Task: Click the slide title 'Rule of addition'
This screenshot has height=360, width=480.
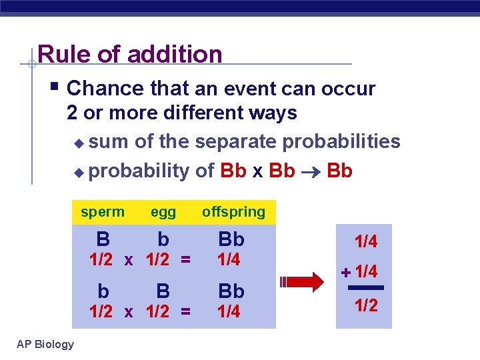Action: (x=130, y=54)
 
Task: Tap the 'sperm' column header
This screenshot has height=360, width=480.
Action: (x=103, y=212)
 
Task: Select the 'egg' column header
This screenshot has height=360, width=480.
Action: (x=163, y=212)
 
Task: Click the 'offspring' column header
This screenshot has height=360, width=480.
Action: (x=233, y=212)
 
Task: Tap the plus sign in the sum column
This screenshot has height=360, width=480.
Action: (x=345, y=272)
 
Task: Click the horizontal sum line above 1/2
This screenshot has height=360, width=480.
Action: (x=366, y=288)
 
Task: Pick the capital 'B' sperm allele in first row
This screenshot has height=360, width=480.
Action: (x=103, y=239)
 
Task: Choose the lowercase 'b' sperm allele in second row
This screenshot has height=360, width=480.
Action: (x=103, y=291)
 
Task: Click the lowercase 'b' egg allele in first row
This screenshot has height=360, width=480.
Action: (x=163, y=239)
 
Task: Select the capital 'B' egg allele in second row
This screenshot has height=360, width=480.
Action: (x=163, y=291)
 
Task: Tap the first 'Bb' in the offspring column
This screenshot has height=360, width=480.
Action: (x=231, y=239)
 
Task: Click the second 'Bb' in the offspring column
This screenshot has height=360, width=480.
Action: (x=231, y=291)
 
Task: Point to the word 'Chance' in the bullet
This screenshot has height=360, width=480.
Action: (x=105, y=89)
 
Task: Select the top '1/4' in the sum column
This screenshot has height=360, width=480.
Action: (x=366, y=242)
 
